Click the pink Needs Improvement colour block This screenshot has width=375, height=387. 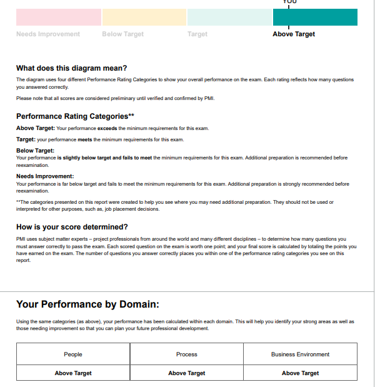pyautogui.click(x=59, y=17)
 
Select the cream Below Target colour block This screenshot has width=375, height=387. pyautogui.click(x=144, y=17)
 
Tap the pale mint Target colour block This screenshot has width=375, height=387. pyautogui.click(x=229, y=17)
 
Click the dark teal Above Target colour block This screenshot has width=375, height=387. pyautogui.click(x=315, y=17)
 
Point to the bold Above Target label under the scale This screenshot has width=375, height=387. pyautogui.click(x=294, y=34)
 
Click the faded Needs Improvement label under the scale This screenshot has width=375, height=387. pyautogui.click(x=48, y=34)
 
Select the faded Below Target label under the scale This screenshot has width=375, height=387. pyautogui.click(x=122, y=34)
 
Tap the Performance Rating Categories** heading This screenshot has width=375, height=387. pyautogui.click(x=75, y=116)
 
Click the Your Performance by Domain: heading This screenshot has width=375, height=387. pyautogui.click(x=87, y=304)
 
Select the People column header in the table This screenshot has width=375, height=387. pyautogui.click(x=73, y=354)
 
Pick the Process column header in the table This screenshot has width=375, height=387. pyautogui.click(x=187, y=354)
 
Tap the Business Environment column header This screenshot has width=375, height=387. pyautogui.click(x=300, y=354)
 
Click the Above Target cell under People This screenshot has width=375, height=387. pyautogui.click(x=73, y=373)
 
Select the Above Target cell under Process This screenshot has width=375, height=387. pyautogui.click(x=187, y=373)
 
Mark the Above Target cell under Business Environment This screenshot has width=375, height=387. pyautogui.click(x=300, y=373)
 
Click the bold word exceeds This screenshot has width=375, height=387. pyautogui.click(x=107, y=128)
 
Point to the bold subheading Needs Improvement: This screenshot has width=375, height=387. pyautogui.click(x=45, y=177)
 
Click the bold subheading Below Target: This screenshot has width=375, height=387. pyautogui.click(x=35, y=151)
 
